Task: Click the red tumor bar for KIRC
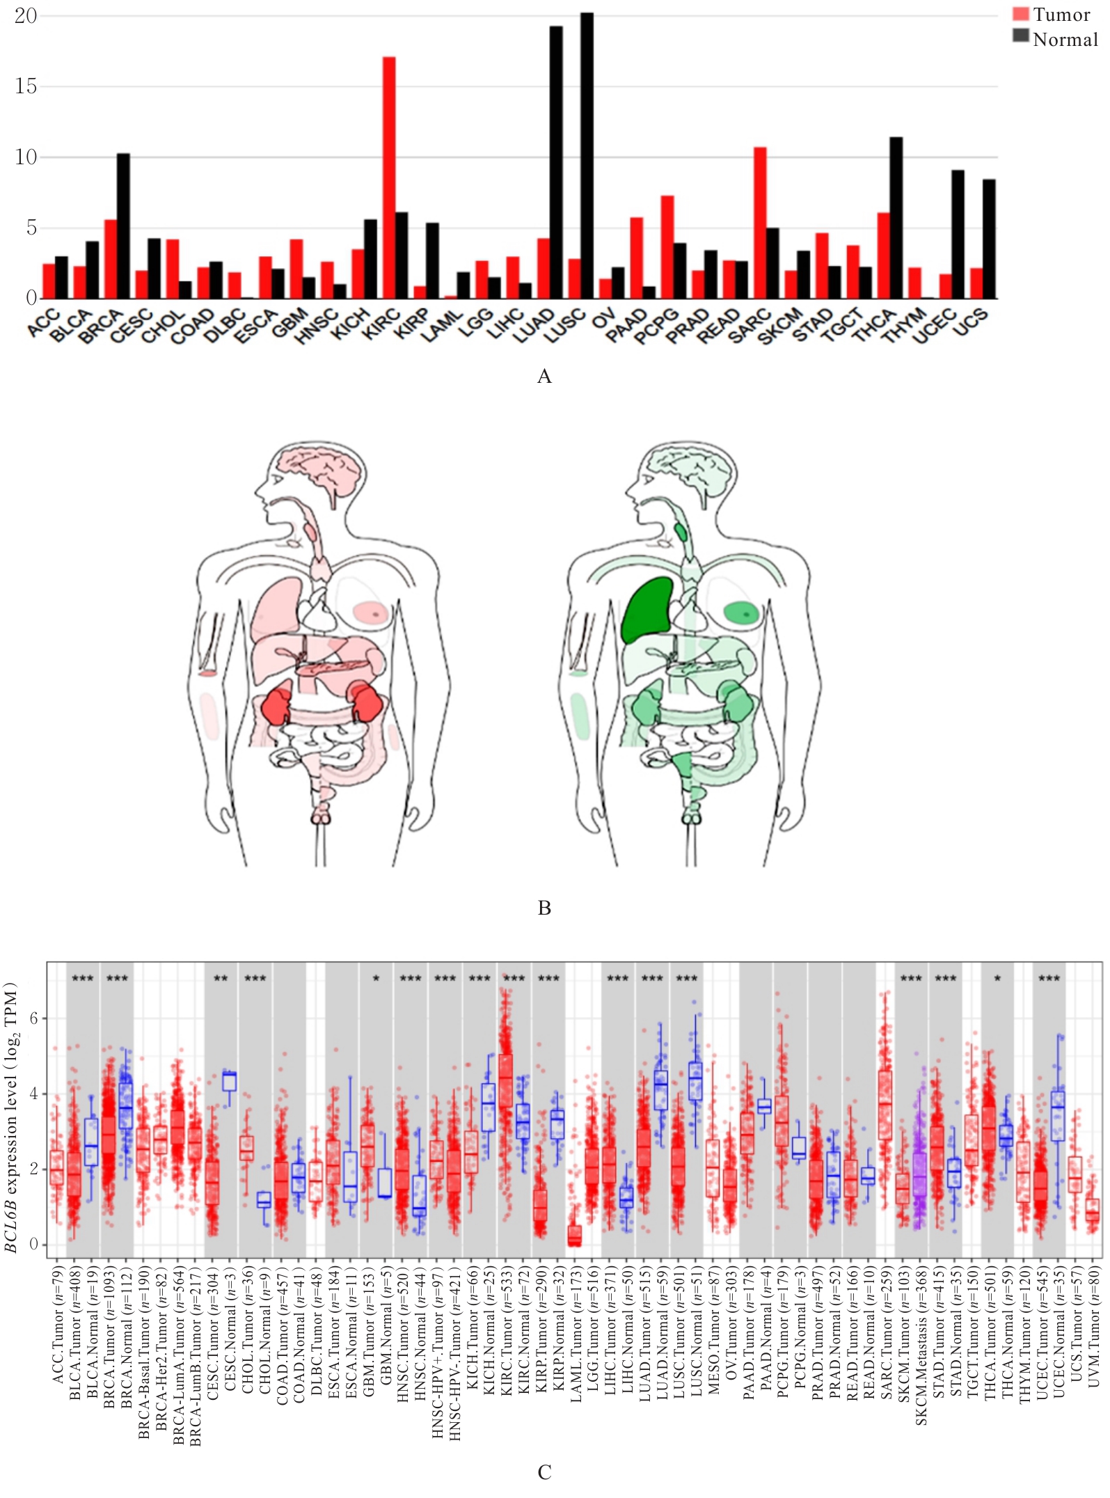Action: pyautogui.click(x=389, y=178)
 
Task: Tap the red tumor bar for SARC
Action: pyautogui.click(x=760, y=223)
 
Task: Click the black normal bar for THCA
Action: pyautogui.click(x=896, y=218)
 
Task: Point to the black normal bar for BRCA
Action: pyautogui.click(x=123, y=226)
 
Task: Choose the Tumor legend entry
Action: pyautogui.click(x=1052, y=15)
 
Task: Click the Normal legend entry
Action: pyautogui.click(x=1055, y=39)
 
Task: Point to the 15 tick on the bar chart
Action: pyautogui.click(x=26, y=86)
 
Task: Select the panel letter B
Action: pyautogui.click(x=544, y=908)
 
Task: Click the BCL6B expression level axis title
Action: pyautogui.click(x=10, y=1117)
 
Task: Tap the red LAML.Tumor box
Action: pyautogui.click(x=574, y=1236)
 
